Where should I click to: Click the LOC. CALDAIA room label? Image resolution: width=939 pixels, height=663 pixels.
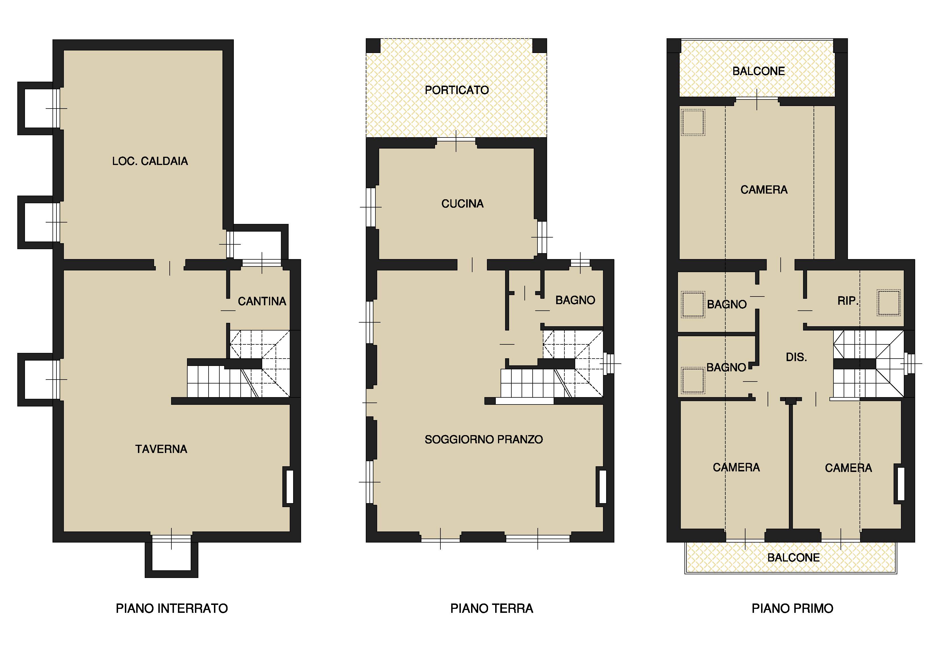(x=150, y=161)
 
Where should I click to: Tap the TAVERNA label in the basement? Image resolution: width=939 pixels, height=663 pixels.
(x=161, y=449)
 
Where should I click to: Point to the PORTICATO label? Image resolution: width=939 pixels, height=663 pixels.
(x=457, y=90)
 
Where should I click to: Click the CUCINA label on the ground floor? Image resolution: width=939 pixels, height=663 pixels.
(x=463, y=204)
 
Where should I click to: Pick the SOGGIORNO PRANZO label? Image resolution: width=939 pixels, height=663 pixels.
(x=484, y=440)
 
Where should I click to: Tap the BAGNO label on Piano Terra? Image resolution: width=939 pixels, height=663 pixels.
(x=575, y=300)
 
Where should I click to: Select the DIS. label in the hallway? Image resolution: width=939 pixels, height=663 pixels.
(x=796, y=357)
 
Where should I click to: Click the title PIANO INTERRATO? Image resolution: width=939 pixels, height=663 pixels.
(x=172, y=608)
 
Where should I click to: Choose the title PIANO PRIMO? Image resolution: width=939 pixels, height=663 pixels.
(x=792, y=608)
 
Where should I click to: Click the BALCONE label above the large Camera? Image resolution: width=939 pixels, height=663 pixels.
(x=759, y=71)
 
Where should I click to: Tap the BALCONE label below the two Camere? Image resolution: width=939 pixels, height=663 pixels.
(x=793, y=558)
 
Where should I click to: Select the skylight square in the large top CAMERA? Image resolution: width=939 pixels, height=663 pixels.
(x=693, y=122)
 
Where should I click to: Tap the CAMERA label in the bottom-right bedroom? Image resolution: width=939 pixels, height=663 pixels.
(x=848, y=468)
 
